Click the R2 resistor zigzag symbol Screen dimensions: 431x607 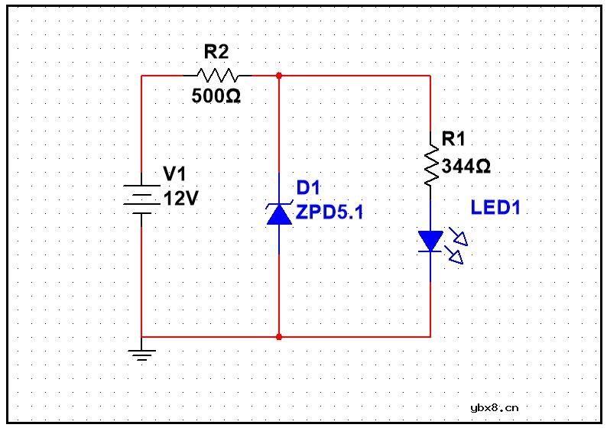point(218,76)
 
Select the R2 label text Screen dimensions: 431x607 point(216,52)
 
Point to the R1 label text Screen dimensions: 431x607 point(453,139)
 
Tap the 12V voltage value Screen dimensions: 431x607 point(181,199)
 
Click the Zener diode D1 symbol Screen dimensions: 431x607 point(278,213)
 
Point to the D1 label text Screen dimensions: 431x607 point(310,188)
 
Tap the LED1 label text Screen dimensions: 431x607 point(495,208)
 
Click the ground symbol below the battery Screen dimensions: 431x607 point(142,353)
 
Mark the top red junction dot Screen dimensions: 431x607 point(278,76)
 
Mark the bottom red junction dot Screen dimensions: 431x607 point(278,336)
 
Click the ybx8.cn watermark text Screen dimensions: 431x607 point(495,407)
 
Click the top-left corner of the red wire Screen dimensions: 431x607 point(142,76)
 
